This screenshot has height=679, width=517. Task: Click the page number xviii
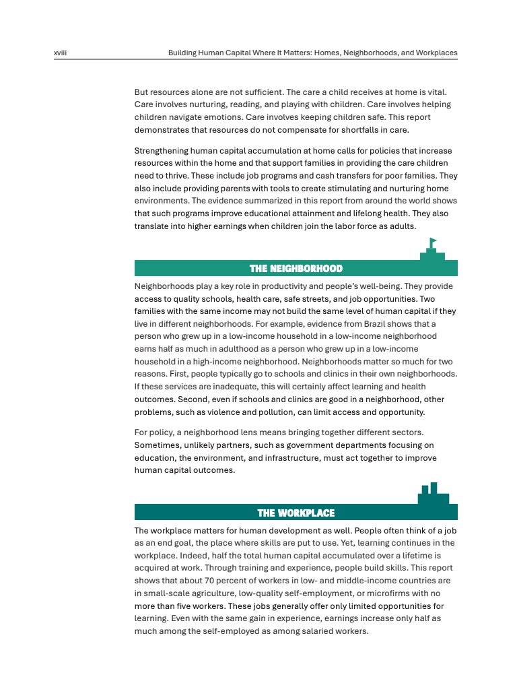[x=61, y=53]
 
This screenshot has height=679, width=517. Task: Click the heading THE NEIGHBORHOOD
[x=296, y=269]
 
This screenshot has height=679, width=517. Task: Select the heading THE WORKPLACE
[x=296, y=513]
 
